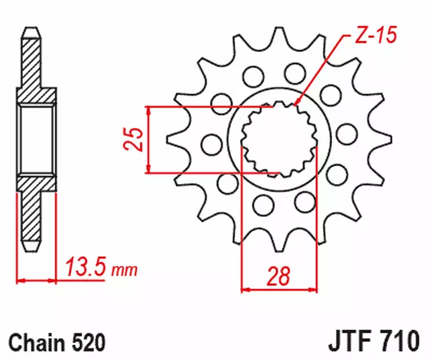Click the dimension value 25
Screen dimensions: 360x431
[x=135, y=140]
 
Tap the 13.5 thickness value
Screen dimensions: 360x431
[x=87, y=269]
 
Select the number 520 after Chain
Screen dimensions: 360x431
[x=89, y=342]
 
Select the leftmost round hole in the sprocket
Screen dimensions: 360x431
[x=208, y=142]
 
